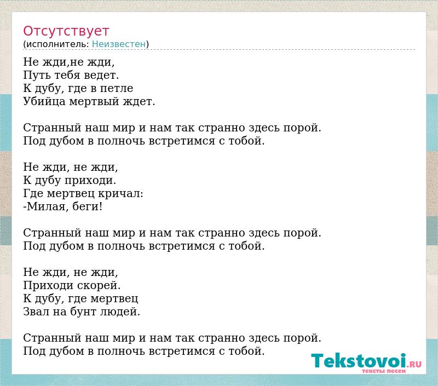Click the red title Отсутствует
pos(66,31)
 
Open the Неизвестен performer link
pos(119,44)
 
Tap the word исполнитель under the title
pos(57,44)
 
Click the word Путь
pos(37,75)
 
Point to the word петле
pos(117,88)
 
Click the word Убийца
pos(44,101)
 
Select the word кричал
pos(120,193)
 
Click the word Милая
pos(46,206)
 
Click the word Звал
pos(36,312)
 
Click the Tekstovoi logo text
pos(359,360)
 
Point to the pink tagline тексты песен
pos(384,371)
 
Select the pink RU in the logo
pos(416,364)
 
